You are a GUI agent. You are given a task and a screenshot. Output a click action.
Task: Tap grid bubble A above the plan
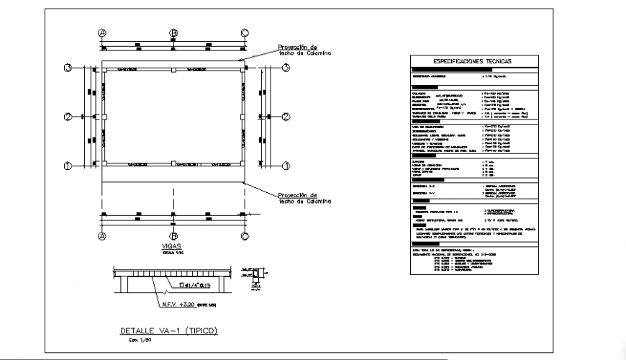point(102,33)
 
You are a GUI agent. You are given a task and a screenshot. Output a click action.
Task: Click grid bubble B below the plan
point(173,236)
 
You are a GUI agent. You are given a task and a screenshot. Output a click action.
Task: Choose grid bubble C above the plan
point(245,33)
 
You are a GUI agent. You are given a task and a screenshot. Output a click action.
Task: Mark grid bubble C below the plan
point(245,236)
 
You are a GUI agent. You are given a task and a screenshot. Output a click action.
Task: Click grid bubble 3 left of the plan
point(68,68)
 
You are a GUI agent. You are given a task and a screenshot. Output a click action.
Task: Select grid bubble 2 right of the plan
point(286,117)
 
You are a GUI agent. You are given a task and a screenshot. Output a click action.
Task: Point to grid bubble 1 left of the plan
point(68,166)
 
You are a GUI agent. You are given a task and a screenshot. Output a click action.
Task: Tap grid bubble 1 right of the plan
point(286,166)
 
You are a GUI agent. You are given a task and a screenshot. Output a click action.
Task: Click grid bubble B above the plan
point(173,33)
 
